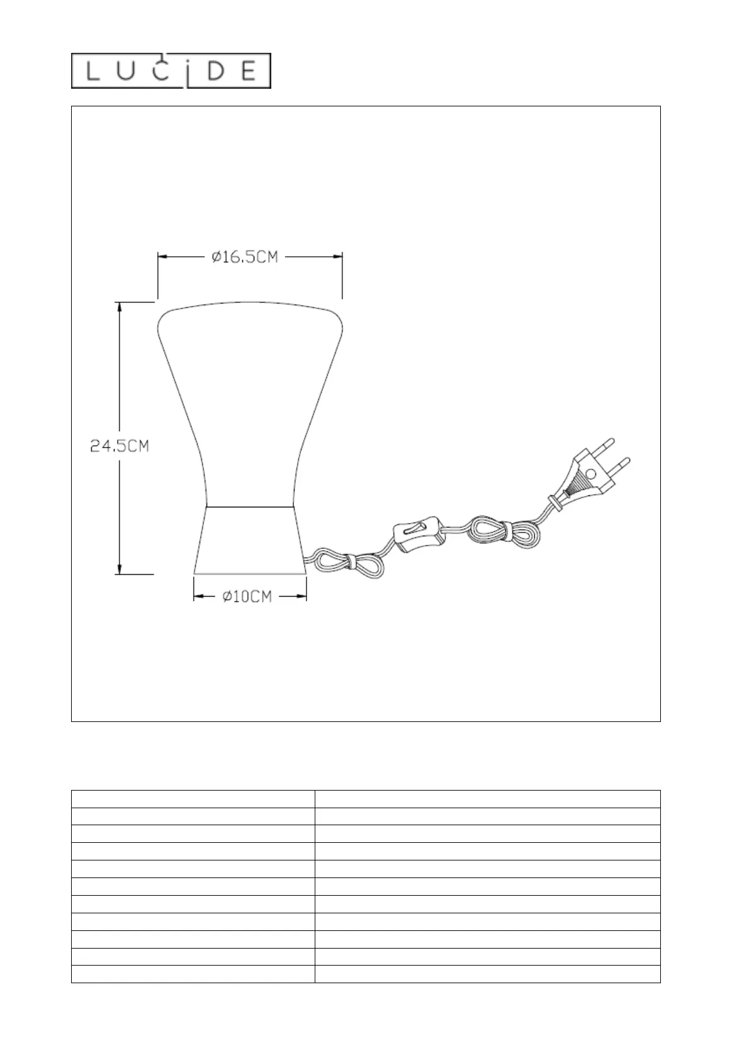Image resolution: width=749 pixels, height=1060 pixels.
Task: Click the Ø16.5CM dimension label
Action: [x=245, y=257]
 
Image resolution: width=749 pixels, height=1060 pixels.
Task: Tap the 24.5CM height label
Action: [x=120, y=446]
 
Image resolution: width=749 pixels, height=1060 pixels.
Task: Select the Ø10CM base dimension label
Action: [x=247, y=597]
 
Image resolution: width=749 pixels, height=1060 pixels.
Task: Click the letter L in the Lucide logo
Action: [x=93, y=72]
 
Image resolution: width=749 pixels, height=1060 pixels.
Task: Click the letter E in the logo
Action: [x=249, y=72]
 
